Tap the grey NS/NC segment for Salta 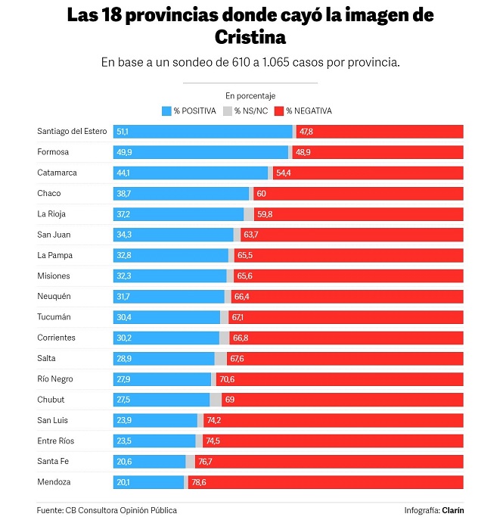point(220,358)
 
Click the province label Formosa point(53,152)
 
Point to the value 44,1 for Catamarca point(123,173)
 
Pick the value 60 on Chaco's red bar point(261,194)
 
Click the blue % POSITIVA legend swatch point(166,111)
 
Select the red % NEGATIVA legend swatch point(278,111)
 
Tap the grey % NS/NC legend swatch point(227,111)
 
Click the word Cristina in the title point(250,37)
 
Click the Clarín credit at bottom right point(452,510)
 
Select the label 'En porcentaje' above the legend point(250,96)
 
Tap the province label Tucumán point(54,317)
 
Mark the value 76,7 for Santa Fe point(205,462)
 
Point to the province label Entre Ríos point(56,441)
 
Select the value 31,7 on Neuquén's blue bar point(123,297)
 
